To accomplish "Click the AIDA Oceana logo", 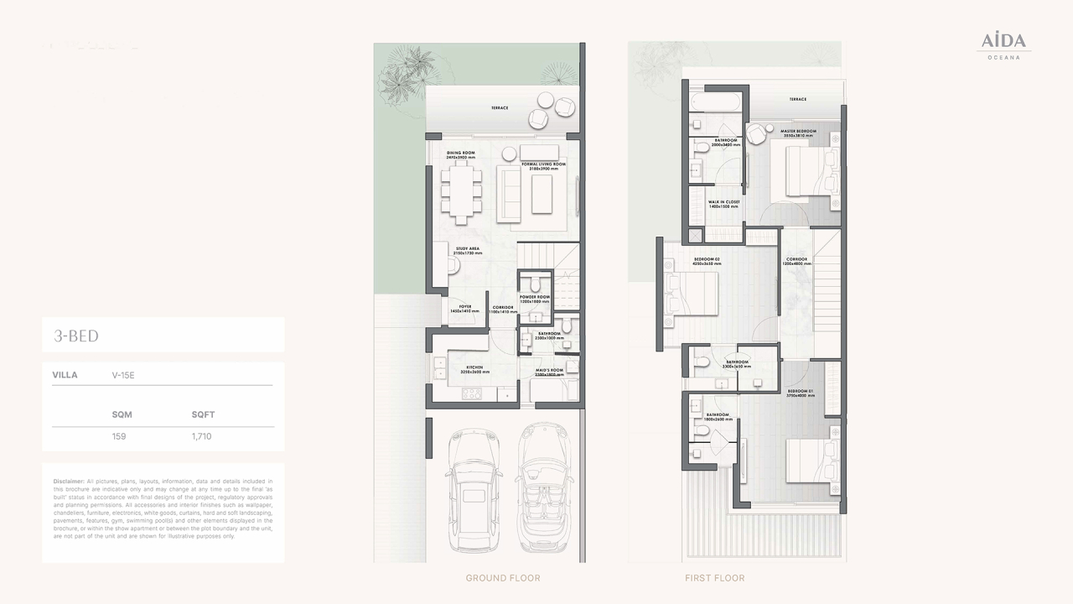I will click(1003, 45).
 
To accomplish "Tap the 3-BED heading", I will click(76, 336).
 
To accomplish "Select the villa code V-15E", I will click(122, 375).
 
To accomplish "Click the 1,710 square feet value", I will click(201, 436).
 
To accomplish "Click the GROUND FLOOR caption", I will click(503, 578).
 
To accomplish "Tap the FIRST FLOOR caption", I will click(714, 578).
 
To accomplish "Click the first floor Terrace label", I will click(797, 99).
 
